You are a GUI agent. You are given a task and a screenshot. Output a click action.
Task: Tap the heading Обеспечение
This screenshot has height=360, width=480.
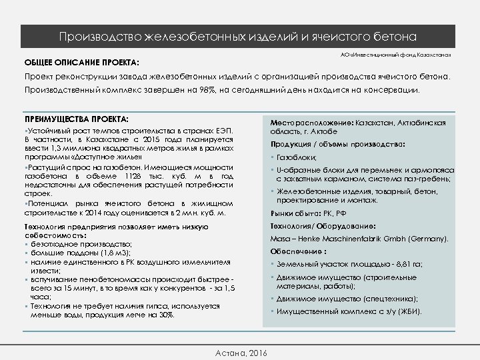tap(297, 252)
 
